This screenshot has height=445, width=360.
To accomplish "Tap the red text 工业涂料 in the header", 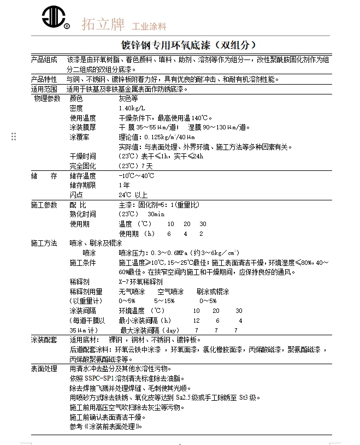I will click(x=148, y=26).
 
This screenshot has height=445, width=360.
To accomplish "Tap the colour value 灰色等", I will click(x=129, y=99).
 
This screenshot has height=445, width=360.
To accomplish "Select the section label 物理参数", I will click(x=47, y=99).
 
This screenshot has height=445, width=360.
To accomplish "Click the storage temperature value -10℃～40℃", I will click(x=136, y=176).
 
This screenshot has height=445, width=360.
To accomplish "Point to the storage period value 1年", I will click(x=124, y=185).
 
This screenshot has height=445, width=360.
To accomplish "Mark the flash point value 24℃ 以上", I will click(x=133, y=195).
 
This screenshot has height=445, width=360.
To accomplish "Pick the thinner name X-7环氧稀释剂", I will click(x=140, y=282).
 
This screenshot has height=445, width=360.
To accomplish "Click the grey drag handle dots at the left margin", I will click(x=14, y=137).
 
